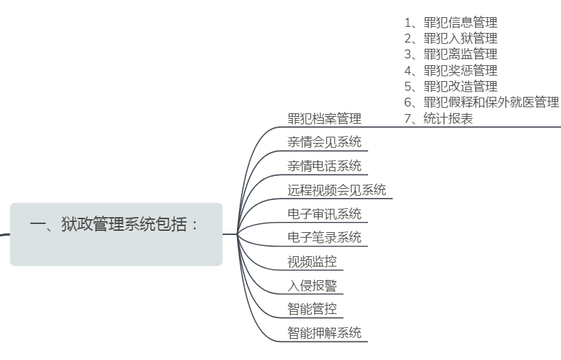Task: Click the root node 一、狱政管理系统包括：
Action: [115, 225]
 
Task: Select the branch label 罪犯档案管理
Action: [324, 119]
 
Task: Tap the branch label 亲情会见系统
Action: [324, 143]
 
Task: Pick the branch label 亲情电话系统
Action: [324, 166]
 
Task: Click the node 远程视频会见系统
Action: [336, 190]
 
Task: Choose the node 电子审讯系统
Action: [324, 214]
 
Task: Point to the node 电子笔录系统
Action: [324, 238]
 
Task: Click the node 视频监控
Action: [312, 262]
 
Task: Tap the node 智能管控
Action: [312, 309]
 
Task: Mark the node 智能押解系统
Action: [324, 333]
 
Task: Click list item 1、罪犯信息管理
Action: [450, 23]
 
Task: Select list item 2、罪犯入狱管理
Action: [450, 38]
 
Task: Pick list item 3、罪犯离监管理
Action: [450, 54]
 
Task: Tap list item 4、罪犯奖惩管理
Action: [450, 70]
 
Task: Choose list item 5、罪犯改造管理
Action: [450, 86]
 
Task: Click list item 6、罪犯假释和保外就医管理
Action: [481, 102]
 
